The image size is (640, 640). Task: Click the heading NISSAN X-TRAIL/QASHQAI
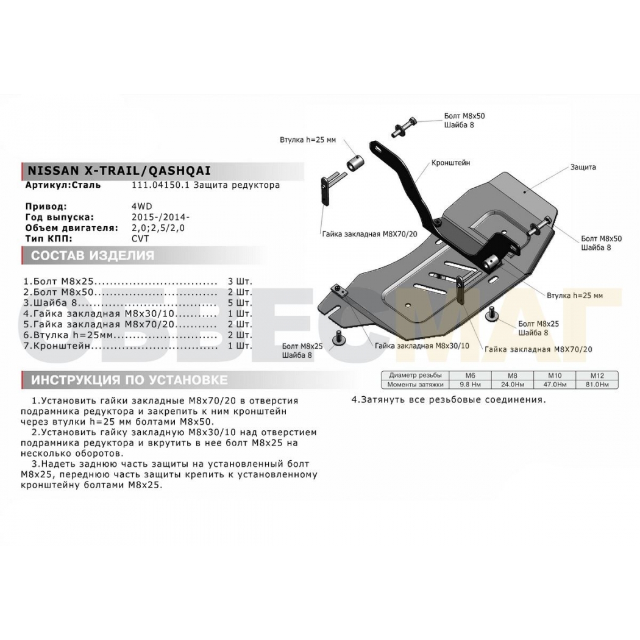(119, 170)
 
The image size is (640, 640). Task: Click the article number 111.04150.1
(160, 185)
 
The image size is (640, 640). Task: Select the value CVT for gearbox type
(140, 238)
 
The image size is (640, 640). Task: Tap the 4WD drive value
(141, 207)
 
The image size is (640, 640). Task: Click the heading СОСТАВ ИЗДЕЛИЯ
(93, 255)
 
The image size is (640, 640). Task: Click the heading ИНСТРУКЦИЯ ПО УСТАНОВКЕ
(129, 380)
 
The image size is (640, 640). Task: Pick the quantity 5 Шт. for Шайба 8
(240, 303)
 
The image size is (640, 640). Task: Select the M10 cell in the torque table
(554, 375)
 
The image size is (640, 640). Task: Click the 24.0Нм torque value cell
(512, 384)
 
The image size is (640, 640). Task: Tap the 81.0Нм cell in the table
(597, 384)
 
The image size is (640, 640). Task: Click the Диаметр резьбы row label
(415, 375)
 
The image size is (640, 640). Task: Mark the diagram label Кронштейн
(450, 163)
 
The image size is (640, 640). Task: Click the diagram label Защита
(583, 167)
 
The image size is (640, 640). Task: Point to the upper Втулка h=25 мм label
(308, 140)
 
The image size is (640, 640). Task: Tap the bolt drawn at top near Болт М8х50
(404, 127)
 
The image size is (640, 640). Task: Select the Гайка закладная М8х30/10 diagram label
(422, 346)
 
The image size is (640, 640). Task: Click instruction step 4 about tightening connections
(449, 400)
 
